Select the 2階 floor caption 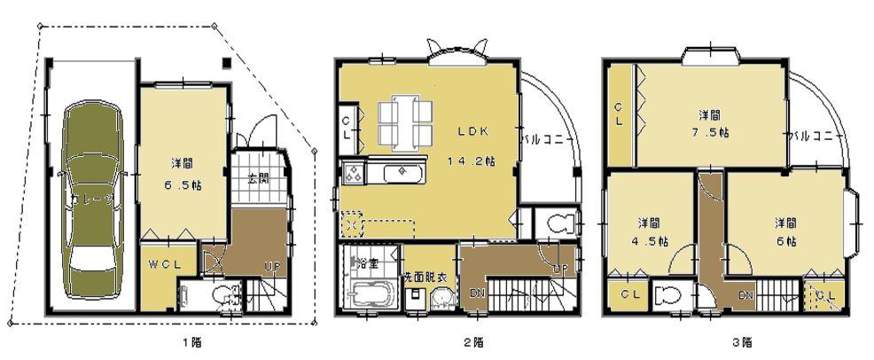pyautogui.click(x=476, y=342)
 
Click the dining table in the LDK pyautogui.click(x=406, y=121)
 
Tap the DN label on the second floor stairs pyautogui.click(x=477, y=293)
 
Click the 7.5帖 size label pyautogui.click(x=710, y=134)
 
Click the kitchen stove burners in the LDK pyautogui.click(x=351, y=171)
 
